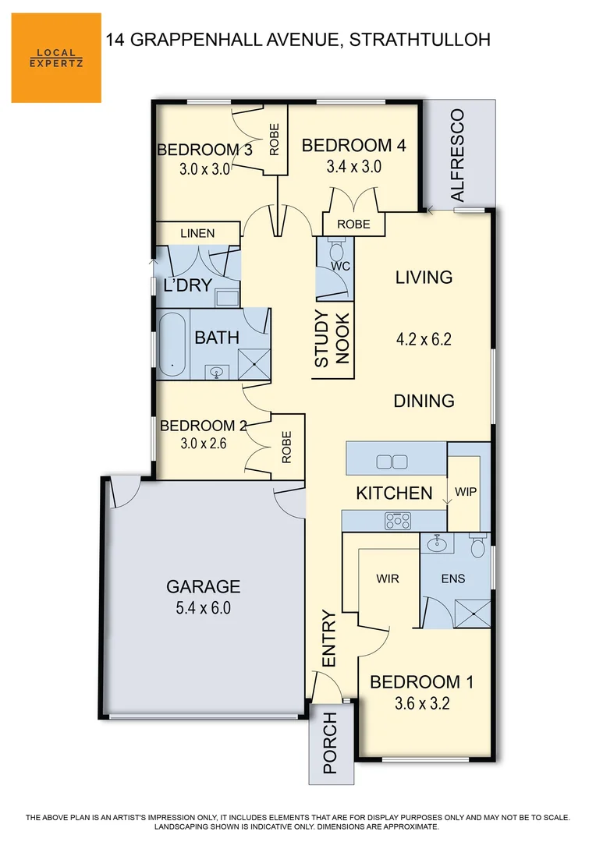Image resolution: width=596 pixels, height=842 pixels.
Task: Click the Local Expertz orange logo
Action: (56, 58)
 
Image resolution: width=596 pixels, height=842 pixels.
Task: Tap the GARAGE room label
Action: (203, 587)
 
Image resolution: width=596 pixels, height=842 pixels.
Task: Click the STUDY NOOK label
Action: (332, 339)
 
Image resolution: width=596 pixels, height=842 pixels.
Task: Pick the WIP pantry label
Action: (465, 492)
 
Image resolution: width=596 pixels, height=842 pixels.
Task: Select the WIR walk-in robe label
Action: (388, 579)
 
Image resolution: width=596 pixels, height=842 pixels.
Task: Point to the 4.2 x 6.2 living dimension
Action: (424, 339)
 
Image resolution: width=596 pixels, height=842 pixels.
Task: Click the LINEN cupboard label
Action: (197, 233)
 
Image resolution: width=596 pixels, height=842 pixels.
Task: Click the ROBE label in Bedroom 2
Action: (286, 448)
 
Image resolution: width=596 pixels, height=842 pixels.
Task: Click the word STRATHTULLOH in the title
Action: (420, 39)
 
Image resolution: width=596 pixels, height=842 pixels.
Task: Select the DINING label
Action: (424, 401)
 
